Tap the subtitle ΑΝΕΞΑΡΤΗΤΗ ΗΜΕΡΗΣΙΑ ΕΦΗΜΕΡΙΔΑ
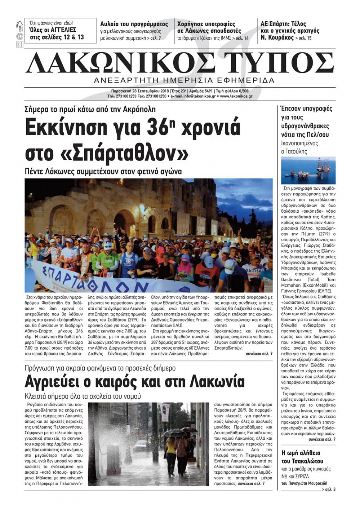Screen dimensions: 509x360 tap(184, 80)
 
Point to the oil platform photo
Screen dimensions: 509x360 tap(308, 171)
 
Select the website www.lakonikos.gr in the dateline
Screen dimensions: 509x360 tap(236, 96)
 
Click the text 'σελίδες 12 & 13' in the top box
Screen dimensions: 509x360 tap(57, 37)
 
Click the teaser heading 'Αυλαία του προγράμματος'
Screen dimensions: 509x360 tap(134, 24)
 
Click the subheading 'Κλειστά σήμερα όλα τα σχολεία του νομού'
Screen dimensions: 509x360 tap(83, 396)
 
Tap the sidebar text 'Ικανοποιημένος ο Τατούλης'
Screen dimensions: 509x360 tap(300, 147)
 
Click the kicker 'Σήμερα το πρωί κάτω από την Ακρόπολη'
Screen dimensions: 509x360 tap(90, 109)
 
